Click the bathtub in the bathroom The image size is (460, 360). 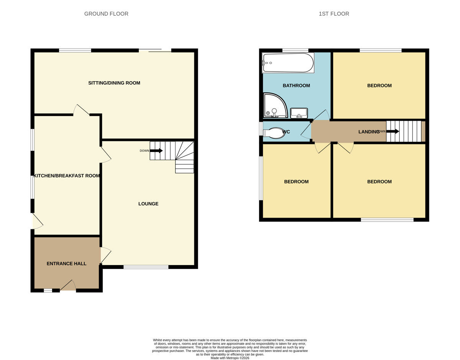288,63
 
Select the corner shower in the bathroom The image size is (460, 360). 274,105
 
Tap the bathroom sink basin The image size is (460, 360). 299,113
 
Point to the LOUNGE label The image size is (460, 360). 148,204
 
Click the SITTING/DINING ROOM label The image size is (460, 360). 114,83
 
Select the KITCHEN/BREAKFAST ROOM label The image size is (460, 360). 67,176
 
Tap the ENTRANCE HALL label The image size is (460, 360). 66,263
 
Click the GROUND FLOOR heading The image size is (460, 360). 106,14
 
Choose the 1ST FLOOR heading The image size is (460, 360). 334,14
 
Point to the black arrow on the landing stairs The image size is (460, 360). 392,131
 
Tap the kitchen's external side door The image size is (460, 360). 37,221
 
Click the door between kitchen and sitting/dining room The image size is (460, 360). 81,110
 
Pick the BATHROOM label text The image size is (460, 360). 296,85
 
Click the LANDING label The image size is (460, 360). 368,132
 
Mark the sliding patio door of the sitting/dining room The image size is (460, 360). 155,50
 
